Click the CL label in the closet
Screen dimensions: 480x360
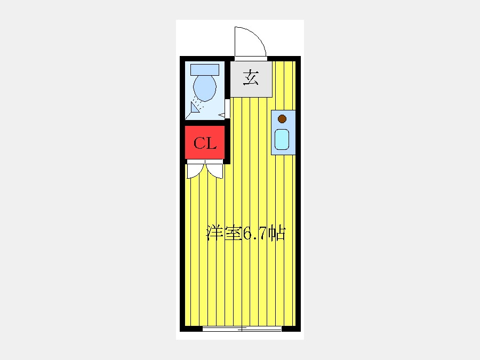coord(205,143)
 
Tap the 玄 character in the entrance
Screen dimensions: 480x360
coord(251,78)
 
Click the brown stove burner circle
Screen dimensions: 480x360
coord(282,119)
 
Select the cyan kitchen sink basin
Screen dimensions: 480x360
coord(282,139)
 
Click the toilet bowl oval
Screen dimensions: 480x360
coord(205,88)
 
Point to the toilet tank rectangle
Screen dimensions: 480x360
coord(205,70)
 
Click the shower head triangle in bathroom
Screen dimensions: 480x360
coord(195,107)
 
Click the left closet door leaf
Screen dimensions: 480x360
coord(195,171)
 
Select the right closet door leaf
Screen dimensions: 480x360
coord(214,171)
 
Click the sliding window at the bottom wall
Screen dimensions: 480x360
coord(242,329)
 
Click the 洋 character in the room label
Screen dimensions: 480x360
coord(215,234)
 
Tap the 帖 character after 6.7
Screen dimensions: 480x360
coord(277,234)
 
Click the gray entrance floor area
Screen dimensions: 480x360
coord(251,79)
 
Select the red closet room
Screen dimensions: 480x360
coord(205,142)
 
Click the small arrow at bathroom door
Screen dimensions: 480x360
coord(222,115)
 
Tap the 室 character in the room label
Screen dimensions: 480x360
coord(233,234)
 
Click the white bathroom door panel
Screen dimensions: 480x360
coord(227,109)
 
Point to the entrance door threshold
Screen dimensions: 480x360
coord(251,59)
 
